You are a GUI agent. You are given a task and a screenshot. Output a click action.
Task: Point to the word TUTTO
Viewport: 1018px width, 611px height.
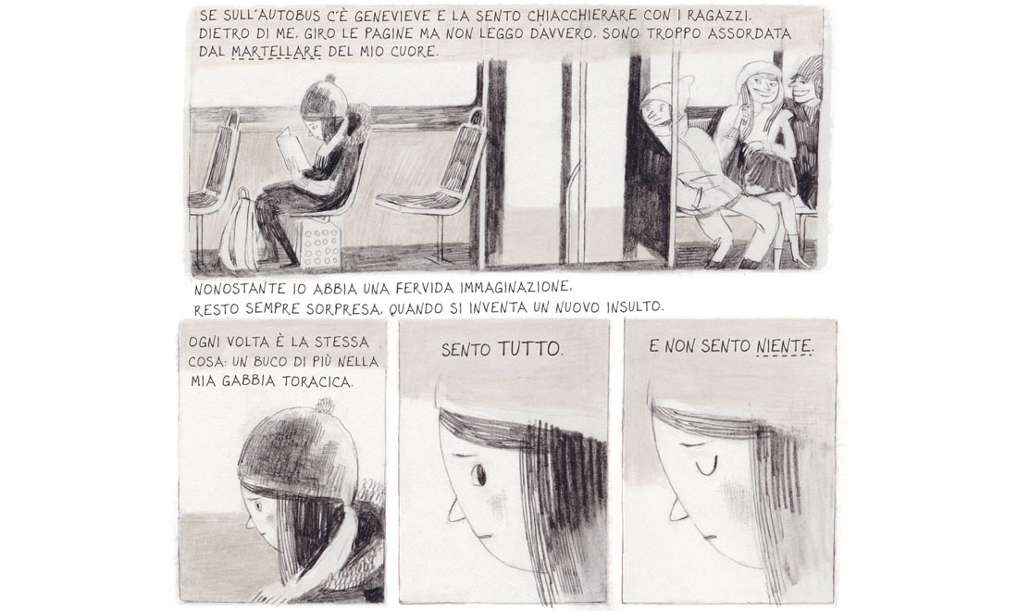[530, 350]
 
